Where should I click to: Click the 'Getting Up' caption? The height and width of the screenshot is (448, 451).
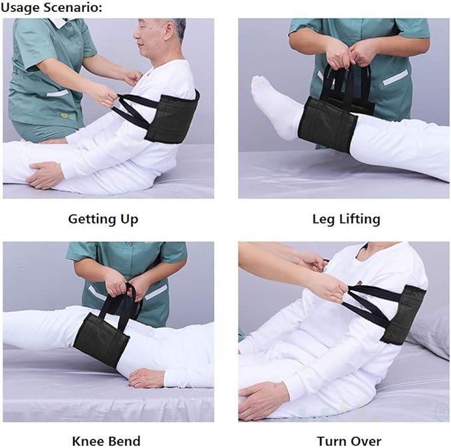pos(103,218)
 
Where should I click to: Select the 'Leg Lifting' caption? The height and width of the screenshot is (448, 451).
pos(346,218)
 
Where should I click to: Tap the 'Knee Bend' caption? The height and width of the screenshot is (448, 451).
pos(106,441)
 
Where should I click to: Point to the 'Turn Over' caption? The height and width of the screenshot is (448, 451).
pos(349,441)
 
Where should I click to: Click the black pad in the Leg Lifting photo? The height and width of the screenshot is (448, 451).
pos(327,123)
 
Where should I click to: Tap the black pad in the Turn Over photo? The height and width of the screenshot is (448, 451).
pos(403,314)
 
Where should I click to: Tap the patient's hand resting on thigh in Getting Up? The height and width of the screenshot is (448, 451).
pos(46,175)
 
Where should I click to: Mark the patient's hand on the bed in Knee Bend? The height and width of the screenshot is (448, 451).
pos(146,378)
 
